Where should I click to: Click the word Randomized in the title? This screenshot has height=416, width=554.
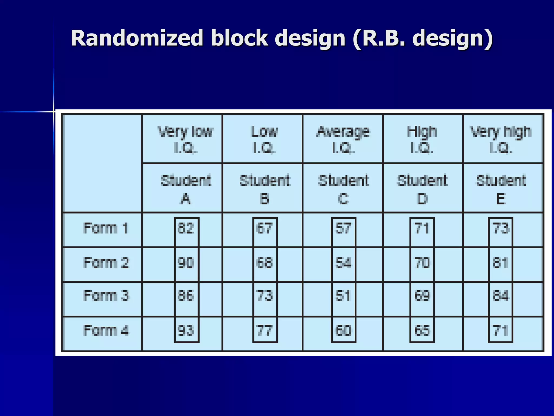coord(137,38)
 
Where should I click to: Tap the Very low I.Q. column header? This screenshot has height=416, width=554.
coord(186,139)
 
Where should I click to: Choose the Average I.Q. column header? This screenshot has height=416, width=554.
coord(343,139)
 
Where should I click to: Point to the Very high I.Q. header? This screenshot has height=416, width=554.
coord(501,139)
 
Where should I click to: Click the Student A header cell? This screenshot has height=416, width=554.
coord(186,190)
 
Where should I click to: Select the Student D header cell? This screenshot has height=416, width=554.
coord(422,190)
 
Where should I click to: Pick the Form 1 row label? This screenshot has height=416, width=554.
coord(105,228)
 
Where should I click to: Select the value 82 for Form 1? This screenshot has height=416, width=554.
coord(186,228)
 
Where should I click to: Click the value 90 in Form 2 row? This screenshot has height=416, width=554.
coord(186,263)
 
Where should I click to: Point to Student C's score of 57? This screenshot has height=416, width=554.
coord(343,228)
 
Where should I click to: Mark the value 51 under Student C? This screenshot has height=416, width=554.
coord(343,296)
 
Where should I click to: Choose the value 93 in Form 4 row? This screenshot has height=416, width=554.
coord(186,331)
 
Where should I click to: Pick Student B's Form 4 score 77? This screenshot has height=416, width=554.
coord(265,331)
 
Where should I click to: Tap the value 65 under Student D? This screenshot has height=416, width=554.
coord(422,331)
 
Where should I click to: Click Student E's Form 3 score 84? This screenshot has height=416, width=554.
coord(501,296)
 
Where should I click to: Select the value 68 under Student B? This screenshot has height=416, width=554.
coord(265,263)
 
